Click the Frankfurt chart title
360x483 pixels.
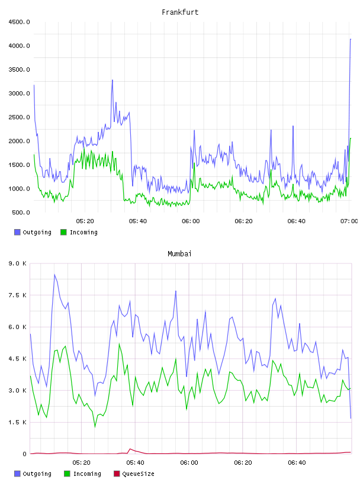(180, 12)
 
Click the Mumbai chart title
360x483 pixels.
(179, 254)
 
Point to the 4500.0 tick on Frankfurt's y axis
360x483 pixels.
(19, 22)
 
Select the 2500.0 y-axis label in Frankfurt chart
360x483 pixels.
(19, 117)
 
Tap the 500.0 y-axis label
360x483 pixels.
(21, 212)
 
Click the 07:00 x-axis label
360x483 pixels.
(349, 221)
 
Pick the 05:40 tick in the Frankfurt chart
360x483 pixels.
(138, 221)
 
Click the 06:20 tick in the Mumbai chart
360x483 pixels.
(243, 463)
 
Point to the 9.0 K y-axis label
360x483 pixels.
(18, 263)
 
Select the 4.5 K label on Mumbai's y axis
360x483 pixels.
(18, 359)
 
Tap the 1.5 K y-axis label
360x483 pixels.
(18, 422)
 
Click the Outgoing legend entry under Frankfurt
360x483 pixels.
(33, 232)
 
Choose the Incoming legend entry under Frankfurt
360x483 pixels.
(79, 232)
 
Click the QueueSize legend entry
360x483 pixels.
(134, 474)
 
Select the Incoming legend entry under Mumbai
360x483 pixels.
(82, 474)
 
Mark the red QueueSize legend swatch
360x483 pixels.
(117, 474)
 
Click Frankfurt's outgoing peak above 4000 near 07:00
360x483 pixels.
(350, 39)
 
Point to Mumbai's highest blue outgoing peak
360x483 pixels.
(54, 275)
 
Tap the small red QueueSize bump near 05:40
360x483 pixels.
(130, 449)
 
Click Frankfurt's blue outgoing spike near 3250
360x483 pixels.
(112, 80)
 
